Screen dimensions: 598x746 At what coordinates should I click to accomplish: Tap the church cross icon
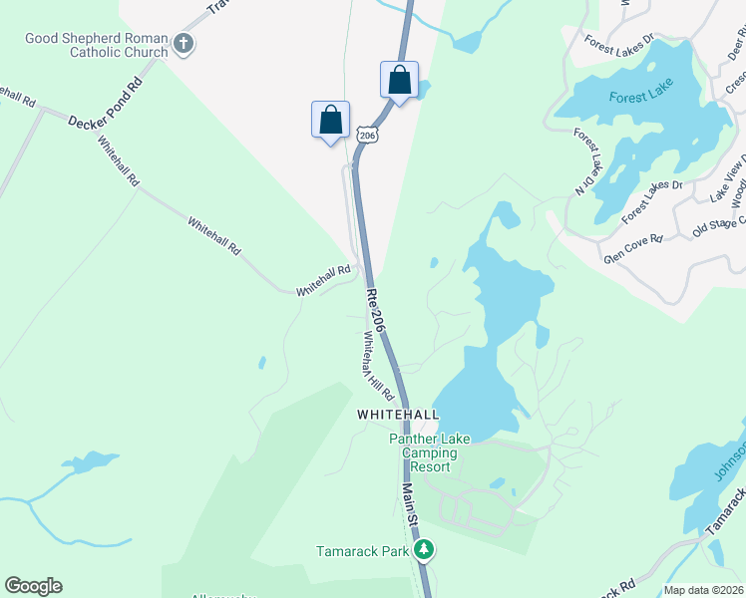183,43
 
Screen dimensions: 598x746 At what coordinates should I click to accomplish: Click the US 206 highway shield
367,135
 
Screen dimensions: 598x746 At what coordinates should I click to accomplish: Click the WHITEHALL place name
398,414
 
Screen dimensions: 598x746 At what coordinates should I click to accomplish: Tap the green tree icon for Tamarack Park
424,549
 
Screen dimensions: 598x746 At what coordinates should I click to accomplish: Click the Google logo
33,586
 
